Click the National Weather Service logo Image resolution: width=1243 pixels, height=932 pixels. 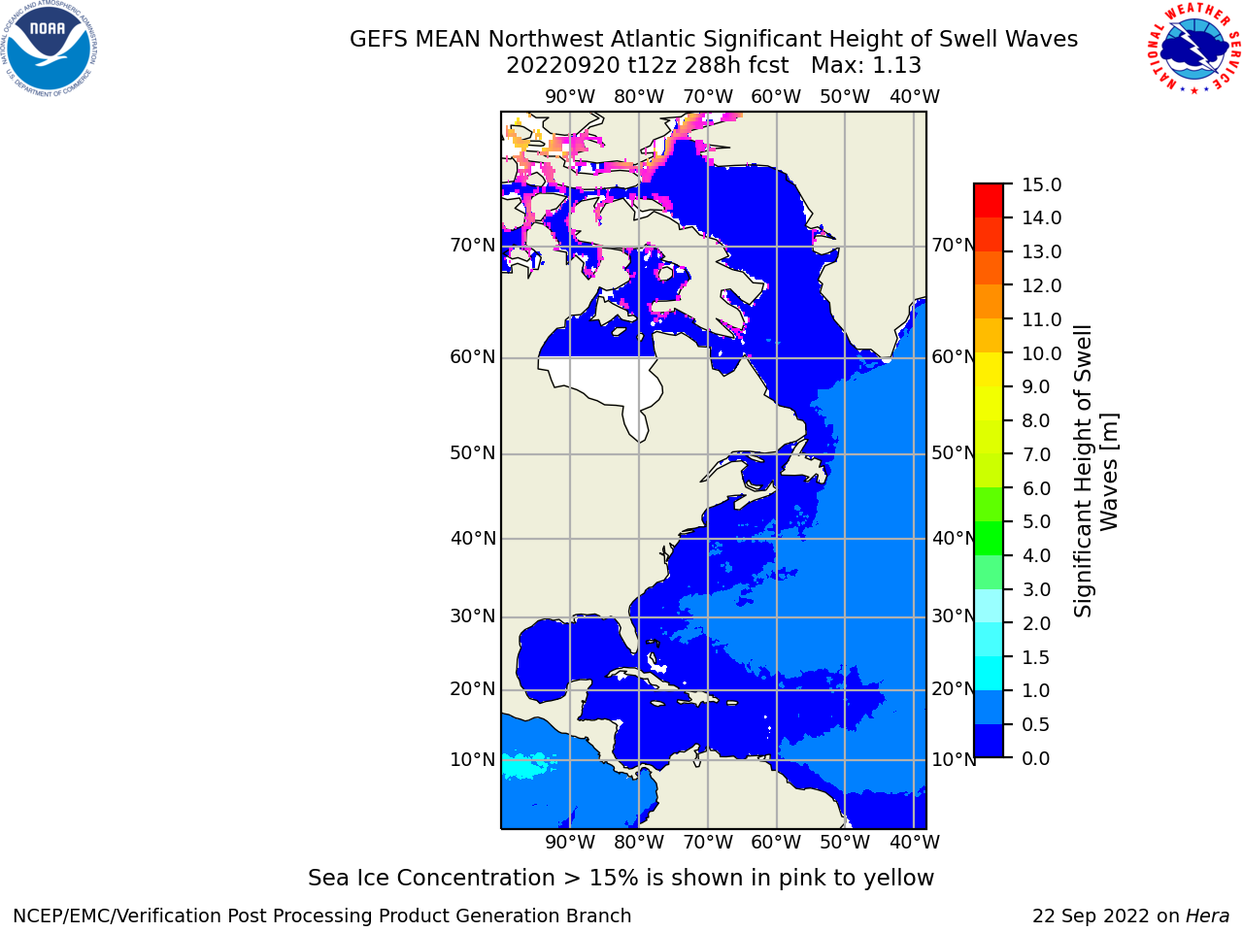pyautogui.click(x=1194, y=49)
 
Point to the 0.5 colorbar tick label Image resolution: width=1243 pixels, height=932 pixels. pyautogui.click(x=1035, y=724)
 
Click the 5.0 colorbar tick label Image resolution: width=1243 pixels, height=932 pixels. pyautogui.click(x=1036, y=521)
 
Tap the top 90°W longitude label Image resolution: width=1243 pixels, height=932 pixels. pyautogui.click(x=570, y=97)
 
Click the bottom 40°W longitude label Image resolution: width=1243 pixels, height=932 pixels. pyautogui.click(x=915, y=842)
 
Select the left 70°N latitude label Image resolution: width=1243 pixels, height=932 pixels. pyautogui.click(x=473, y=246)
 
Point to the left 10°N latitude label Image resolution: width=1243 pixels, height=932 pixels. pyautogui.click(x=473, y=760)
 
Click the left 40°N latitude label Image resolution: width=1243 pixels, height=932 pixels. pyautogui.click(x=473, y=538)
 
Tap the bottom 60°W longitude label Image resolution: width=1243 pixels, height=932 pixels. pyautogui.click(x=776, y=842)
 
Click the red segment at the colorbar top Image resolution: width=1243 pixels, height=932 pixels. pyautogui.click(x=989, y=201)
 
